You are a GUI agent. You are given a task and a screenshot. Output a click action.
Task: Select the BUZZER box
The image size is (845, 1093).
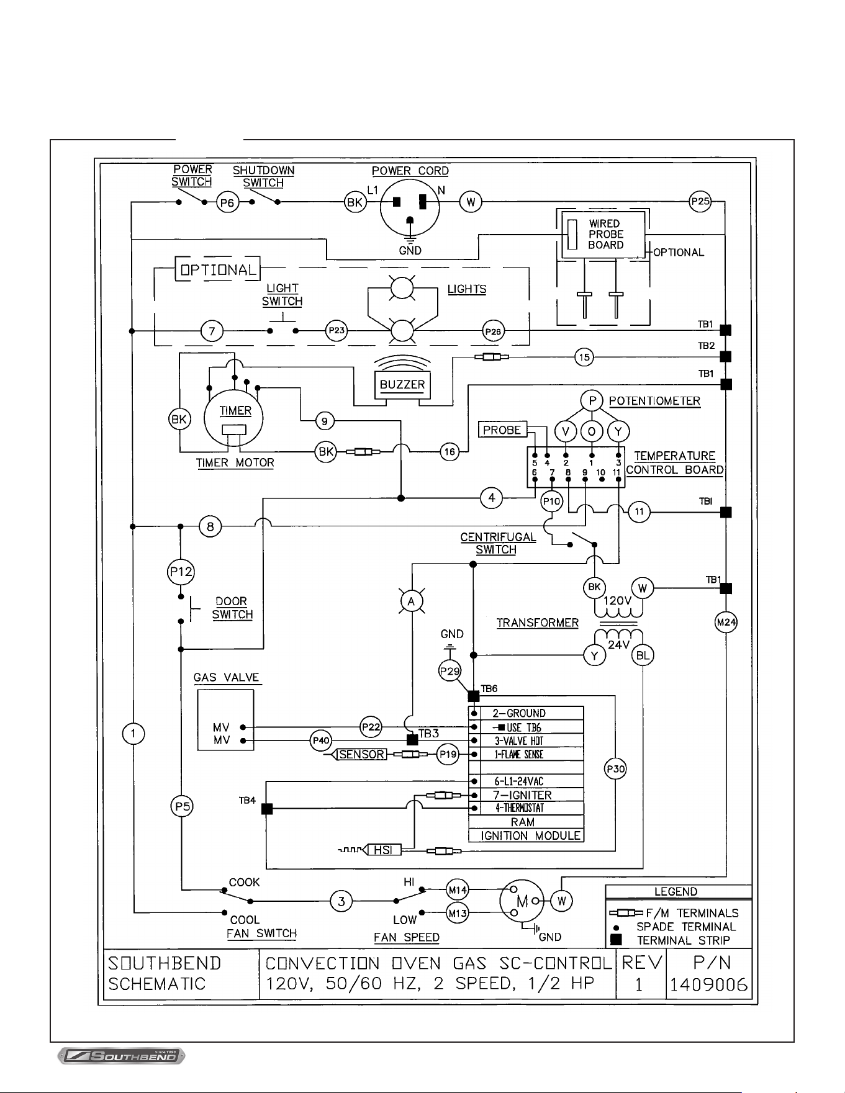[402, 385]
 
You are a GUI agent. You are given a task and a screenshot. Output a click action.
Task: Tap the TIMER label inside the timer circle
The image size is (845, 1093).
[235, 411]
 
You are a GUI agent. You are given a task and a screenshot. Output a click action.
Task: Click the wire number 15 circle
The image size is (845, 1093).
[584, 357]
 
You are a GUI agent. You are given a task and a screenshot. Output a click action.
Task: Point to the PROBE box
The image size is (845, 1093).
[502, 430]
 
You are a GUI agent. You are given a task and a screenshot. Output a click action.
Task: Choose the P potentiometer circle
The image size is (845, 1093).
[592, 400]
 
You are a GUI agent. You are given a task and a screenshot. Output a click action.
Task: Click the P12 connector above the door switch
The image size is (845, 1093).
[181, 572]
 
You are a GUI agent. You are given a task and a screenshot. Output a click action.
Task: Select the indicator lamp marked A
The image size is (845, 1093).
[411, 601]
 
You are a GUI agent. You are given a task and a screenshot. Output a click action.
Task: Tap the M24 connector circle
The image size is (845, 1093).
[726, 622]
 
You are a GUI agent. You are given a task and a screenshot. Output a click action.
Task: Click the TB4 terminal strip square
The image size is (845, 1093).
[267, 809]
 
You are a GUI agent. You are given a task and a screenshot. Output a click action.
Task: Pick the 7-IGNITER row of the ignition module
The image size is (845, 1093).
[526, 795]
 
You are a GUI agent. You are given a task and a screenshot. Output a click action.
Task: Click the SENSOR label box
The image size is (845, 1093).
[361, 755]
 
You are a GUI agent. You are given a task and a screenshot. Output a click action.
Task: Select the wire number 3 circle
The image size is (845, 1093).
[341, 901]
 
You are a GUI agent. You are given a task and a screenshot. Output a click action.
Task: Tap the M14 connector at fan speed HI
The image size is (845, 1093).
[458, 890]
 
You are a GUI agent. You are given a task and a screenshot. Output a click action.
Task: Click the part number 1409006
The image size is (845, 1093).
[708, 985]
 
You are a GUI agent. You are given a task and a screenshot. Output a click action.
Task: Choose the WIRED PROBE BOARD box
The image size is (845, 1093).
[603, 235]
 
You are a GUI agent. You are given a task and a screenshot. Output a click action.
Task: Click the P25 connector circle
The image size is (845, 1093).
[701, 201]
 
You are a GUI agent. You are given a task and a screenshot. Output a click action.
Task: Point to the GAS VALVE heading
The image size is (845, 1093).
[227, 677]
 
